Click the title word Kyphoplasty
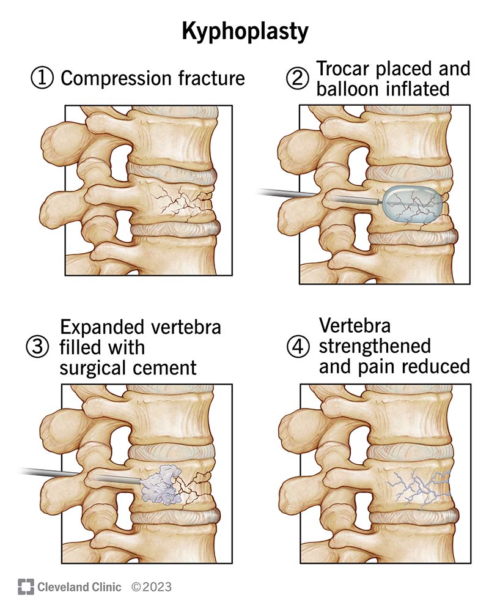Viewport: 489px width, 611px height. (244, 32)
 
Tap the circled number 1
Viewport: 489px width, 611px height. (41, 78)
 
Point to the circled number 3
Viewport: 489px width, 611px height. (37, 347)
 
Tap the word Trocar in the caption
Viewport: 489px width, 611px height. (340, 69)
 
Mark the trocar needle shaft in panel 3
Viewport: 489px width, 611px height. (55, 473)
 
